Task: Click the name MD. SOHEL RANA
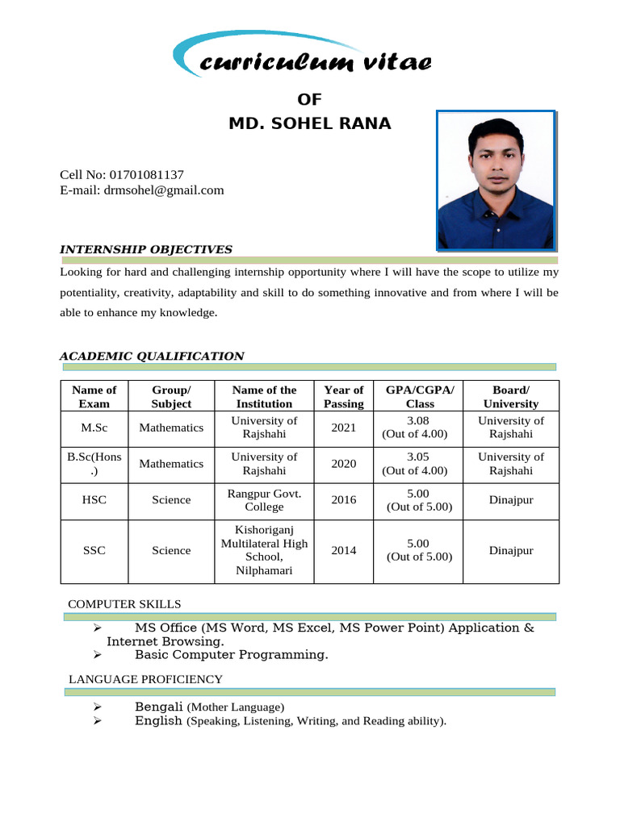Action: click(x=309, y=123)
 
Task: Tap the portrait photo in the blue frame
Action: click(x=496, y=180)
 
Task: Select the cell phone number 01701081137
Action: click(x=141, y=174)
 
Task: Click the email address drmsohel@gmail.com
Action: click(x=161, y=190)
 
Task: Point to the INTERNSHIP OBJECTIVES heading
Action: click(x=146, y=249)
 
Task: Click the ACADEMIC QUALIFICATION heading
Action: click(x=152, y=356)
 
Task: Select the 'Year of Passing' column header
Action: click(x=343, y=397)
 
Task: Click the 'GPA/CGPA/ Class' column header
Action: click(x=420, y=397)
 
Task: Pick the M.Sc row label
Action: click(x=94, y=428)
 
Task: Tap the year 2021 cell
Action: click(x=343, y=428)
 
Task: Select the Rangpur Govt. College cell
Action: click(x=264, y=500)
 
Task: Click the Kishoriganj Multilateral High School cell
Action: click(x=264, y=550)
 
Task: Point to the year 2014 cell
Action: click(x=343, y=550)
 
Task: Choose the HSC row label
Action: click(x=94, y=500)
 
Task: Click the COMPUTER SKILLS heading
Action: click(x=124, y=604)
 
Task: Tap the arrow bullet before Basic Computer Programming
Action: click(x=97, y=655)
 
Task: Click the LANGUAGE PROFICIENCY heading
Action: click(x=145, y=680)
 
